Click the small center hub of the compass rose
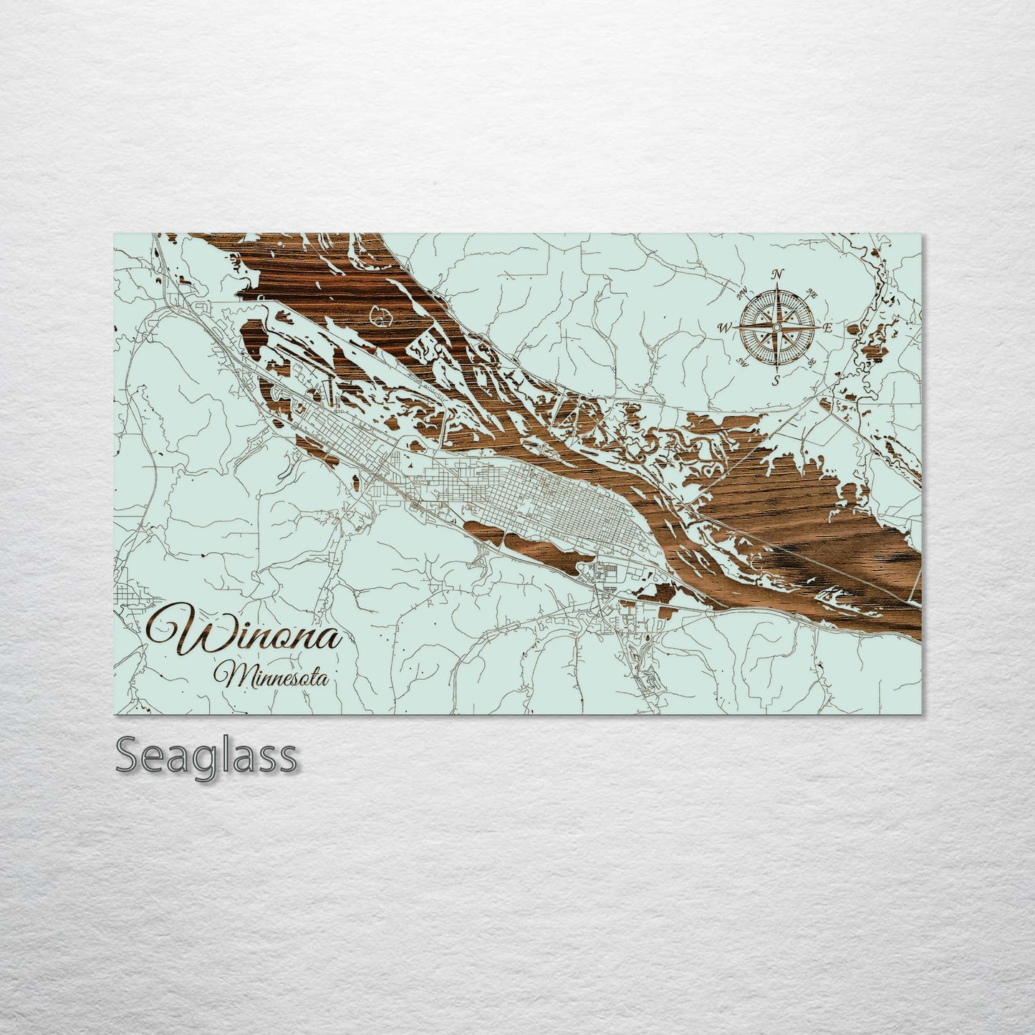coord(776,327)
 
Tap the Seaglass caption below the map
coord(206,755)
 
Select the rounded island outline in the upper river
coord(380,314)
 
